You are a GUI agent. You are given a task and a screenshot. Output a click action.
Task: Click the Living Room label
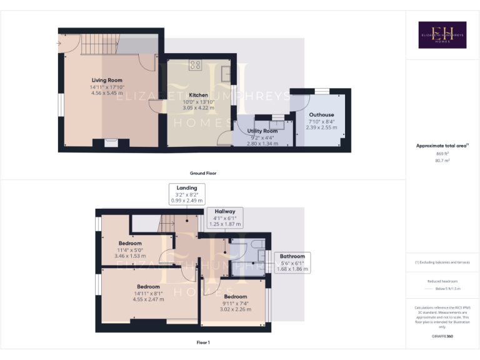pyautogui.click(x=107, y=80)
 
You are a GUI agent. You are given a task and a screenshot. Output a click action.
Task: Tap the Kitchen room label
pyautogui.click(x=199, y=94)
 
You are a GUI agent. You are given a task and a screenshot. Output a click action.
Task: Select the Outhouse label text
pyautogui.click(x=321, y=115)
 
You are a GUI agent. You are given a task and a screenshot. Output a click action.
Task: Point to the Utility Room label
pyautogui.click(x=262, y=131)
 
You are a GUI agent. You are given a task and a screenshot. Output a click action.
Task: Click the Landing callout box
pyautogui.click(x=187, y=194)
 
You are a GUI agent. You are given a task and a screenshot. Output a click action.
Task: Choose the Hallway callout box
pyautogui.click(x=225, y=217)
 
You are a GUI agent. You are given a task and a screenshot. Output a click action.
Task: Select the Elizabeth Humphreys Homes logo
pyautogui.click(x=442, y=35)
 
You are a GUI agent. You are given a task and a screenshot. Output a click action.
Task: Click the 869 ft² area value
pyautogui.click(x=442, y=153)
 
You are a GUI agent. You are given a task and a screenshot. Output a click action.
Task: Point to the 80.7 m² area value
pyautogui.click(x=442, y=161)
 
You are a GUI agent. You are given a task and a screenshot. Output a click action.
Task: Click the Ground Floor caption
pyautogui.click(x=203, y=172)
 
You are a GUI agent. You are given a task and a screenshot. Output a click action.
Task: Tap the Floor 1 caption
pyautogui.click(x=203, y=342)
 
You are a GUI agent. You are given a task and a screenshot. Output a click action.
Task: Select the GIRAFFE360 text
pyautogui.click(x=442, y=336)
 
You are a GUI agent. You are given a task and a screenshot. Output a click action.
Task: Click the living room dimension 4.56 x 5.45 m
pyautogui.click(x=107, y=93)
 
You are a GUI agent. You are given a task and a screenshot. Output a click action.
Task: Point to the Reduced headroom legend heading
pyautogui.click(x=442, y=281)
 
